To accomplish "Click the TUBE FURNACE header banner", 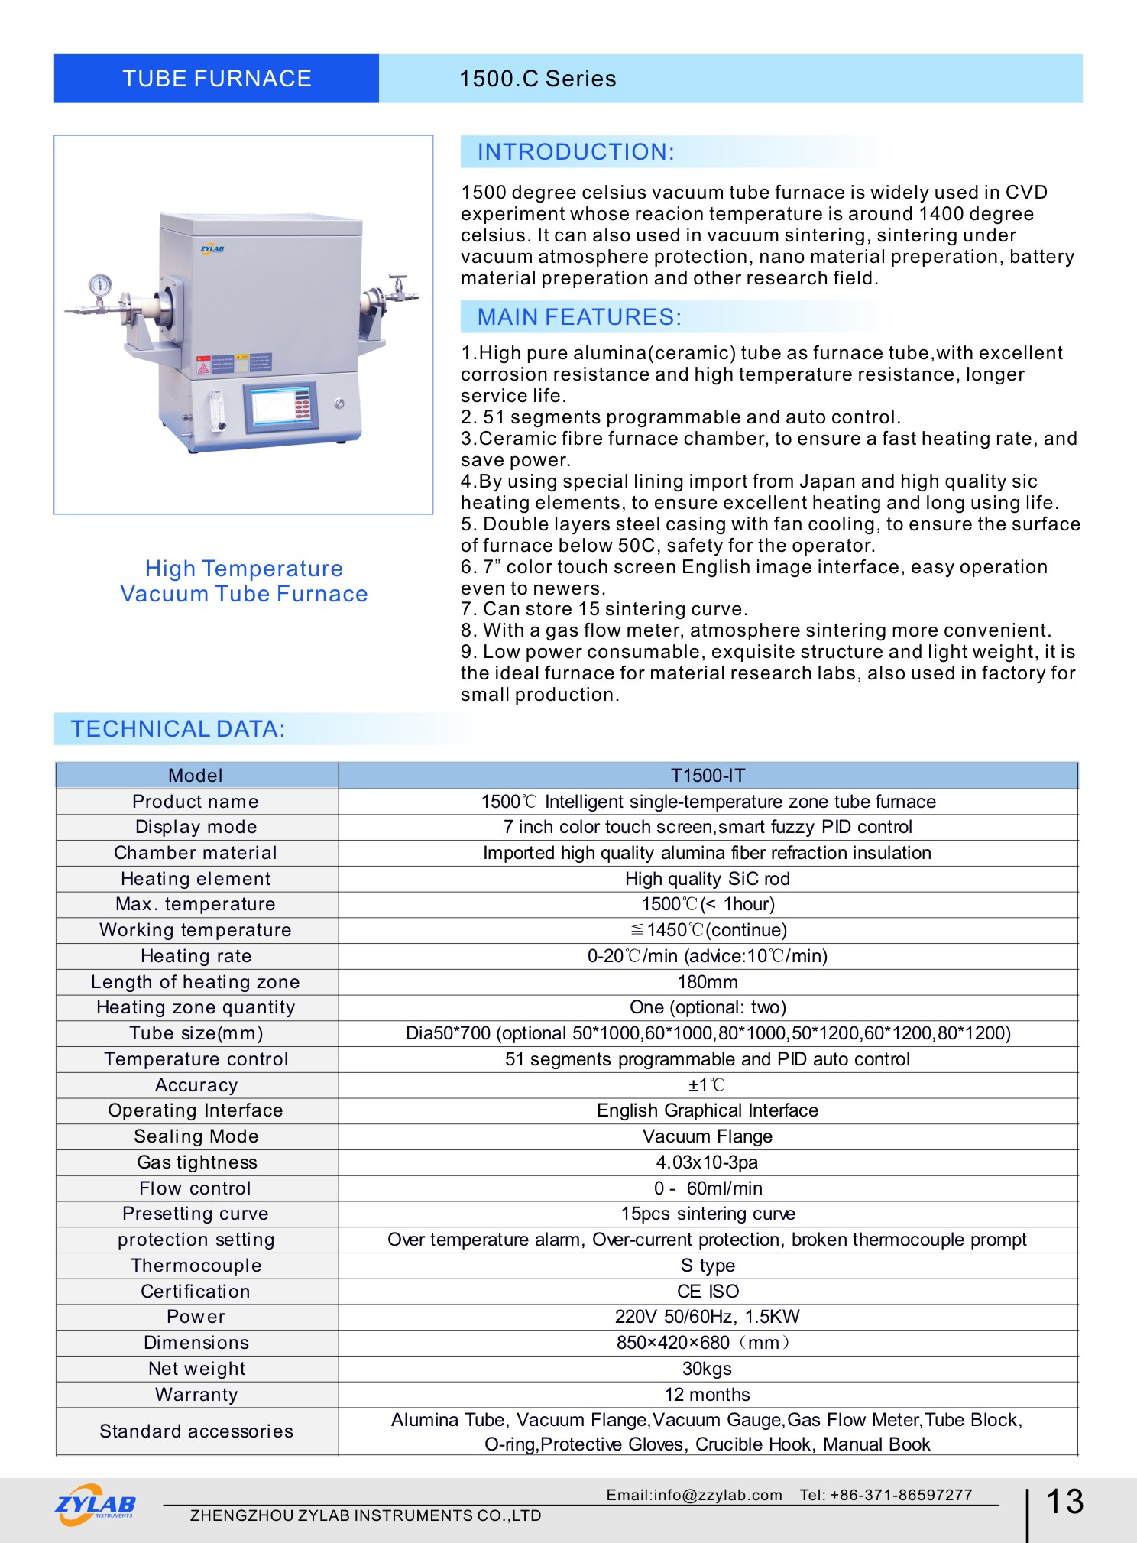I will [x=216, y=79].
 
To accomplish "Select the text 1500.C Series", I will [x=537, y=79].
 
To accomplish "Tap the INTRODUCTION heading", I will [x=575, y=152].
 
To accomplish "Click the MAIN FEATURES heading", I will [x=578, y=317].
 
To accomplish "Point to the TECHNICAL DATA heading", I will [x=177, y=729].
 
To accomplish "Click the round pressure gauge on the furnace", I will [x=100, y=286].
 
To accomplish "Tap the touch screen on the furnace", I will [x=280, y=406].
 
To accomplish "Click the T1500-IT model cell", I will [x=707, y=776].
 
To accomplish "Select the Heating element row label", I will [x=196, y=879].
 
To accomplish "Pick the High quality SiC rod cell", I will [x=707, y=879].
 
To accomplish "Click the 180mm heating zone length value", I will [x=707, y=982].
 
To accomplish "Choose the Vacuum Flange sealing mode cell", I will [x=707, y=1136].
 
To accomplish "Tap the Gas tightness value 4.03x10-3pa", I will [x=707, y=1162].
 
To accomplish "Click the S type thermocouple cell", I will [x=707, y=1266].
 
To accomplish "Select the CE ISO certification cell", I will [x=707, y=1292].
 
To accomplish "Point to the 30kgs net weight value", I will [x=707, y=1369].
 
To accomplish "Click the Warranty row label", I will [x=196, y=1395].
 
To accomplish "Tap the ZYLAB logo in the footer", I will [x=96, y=1504].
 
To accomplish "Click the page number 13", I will [x=1064, y=1502].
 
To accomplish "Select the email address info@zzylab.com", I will [x=694, y=1495].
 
